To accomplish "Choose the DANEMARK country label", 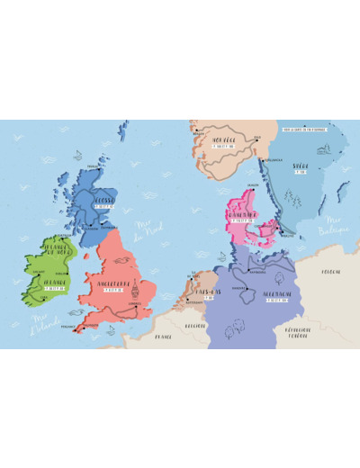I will [x=246, y=214].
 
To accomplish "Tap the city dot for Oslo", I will [x=256, y=140].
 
